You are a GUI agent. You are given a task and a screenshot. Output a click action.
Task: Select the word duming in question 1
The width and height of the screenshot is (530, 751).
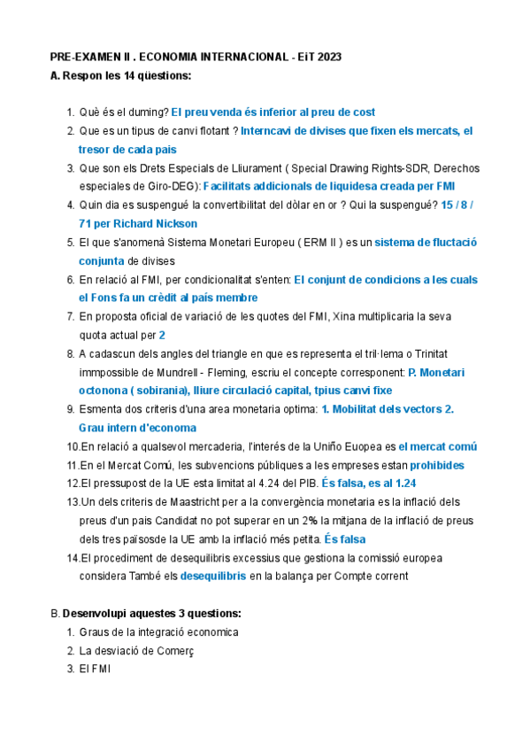click(x=148, y=112)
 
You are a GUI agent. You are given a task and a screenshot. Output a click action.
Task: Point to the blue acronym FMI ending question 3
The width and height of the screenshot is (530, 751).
click(x=445, y=187)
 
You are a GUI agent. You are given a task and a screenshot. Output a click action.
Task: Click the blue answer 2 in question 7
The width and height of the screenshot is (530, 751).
click(x=162, y=336)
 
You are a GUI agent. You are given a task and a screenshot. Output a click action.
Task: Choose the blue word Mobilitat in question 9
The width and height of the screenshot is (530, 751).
click(x=362, y=409)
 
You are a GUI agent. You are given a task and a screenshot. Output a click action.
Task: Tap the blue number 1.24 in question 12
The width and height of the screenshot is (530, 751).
click(x=403, y=484)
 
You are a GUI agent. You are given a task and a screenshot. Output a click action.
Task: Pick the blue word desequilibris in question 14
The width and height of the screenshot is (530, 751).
click(x=212, y=577)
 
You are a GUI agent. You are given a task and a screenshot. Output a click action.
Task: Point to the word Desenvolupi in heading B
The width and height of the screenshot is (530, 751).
click(x=94, y=614)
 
